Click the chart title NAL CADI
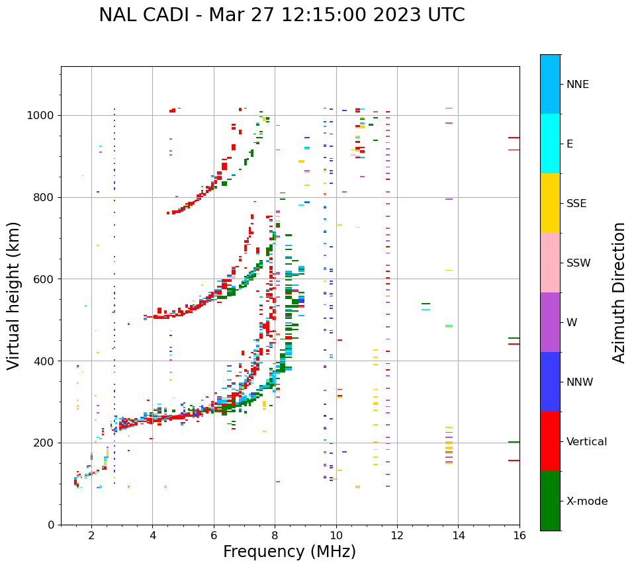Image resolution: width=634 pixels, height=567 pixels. coord(281,15)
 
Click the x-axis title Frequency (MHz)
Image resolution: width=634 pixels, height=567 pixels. coord(289,552)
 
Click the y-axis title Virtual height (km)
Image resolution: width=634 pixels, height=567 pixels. coord(14,295)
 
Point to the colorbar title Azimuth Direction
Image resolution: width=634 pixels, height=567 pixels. coord(619,292)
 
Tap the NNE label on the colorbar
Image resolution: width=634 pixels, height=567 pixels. coord(577,85)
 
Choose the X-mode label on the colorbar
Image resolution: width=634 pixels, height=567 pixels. coord(586,502)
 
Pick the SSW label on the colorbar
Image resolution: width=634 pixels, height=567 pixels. coord(578,263)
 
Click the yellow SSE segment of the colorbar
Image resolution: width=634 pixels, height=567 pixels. coord(550,203)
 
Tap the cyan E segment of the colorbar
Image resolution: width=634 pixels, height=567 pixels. coord(550,144)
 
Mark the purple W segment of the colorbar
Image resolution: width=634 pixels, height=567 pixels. coord(550,322)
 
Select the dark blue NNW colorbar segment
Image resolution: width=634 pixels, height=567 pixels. coord(550,382)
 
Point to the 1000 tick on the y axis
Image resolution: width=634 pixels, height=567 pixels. coord(42,115)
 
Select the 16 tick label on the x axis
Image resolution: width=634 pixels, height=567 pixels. coord(520,535)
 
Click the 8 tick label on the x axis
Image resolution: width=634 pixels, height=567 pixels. coord(275,535)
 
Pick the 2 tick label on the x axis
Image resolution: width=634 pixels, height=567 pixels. coord(91,535)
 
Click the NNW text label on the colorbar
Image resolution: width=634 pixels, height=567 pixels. coord(580,382)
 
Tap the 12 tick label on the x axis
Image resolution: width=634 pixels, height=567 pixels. coord(397,535)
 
